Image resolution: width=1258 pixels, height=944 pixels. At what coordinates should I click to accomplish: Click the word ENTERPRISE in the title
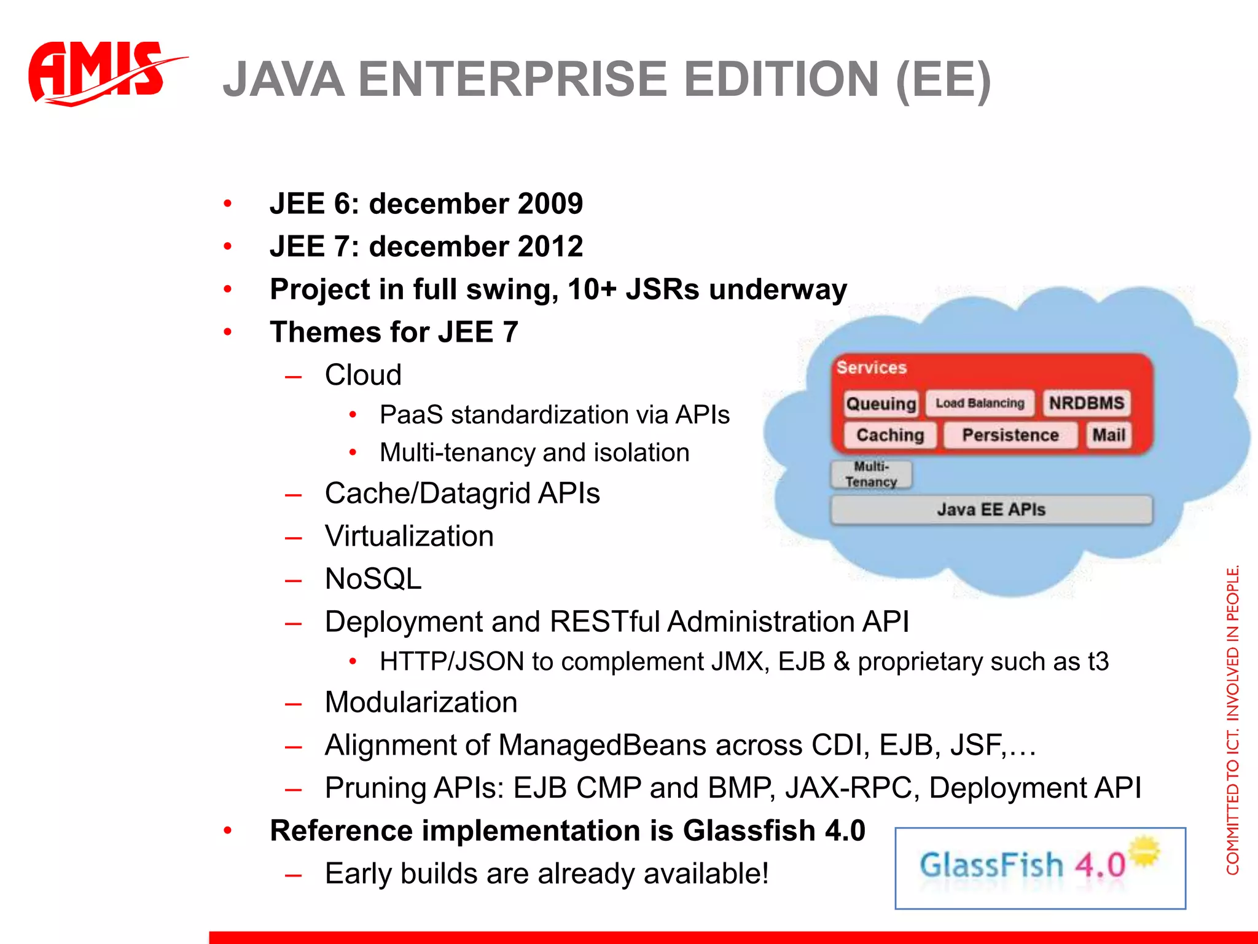pyautogui.click(x=513, y=80)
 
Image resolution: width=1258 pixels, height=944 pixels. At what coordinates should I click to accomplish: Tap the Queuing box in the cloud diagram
pyautogui.click(x=881, y=404)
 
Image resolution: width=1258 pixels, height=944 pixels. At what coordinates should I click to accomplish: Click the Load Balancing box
pyautogui.click(x=980, y=404)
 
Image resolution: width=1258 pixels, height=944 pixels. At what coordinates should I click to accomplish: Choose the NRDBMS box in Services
pyautogui.click(x=1086, y=403)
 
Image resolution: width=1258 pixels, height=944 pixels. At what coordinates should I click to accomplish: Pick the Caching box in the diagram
pyautogui.click(x=890, y=435)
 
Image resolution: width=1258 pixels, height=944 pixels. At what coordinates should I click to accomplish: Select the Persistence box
pyautogui.click(x=1010, y=435)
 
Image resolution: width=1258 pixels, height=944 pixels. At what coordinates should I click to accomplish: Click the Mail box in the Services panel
pyautogui.click(x=1109, y=435)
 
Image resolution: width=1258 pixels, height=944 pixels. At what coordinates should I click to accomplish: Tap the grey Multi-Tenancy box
pyautogui.click(x=871, y=474)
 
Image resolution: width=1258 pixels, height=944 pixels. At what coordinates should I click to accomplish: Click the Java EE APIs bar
pyautogui.click(x=991, y=509)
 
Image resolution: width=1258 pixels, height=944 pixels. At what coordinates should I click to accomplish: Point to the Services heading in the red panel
pyautogui.click(x=871, y=368)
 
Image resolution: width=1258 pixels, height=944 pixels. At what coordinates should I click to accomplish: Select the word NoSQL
pyautogui.click(x=373, y=579)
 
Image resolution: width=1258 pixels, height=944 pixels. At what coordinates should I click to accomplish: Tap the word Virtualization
pyautogui.click(x=409, y=536)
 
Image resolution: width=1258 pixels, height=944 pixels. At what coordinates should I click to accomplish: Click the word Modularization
pyautogui.click(x=421, y=702)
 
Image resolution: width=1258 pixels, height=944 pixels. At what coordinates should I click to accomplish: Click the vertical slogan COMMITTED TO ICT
pyautogui.click(x=1232, y=719)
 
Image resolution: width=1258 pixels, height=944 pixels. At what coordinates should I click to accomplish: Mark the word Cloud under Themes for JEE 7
pyautogui.click(x=363, y=375)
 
